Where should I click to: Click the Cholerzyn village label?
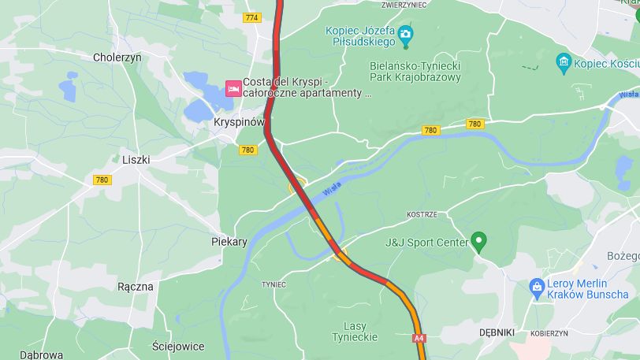pyautogui.click(x=117, y=57)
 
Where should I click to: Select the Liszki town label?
pyautogui.click(x=136, y=159)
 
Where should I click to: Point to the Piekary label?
pyautogui.click(x=229, y=242)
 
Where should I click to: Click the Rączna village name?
pyautogui.click(x=135, y=286)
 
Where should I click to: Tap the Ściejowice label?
pyautogui.click(x=178, y=346)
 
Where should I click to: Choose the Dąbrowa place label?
pyautogui.click(x=41, y=354)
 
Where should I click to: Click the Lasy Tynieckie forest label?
pyautogui.click(x=360, y=332)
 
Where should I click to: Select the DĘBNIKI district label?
pyautogui.click(x=497, y=333)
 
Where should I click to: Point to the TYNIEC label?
pyautogui.click(x=273, y=284)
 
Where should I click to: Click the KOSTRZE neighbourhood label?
pyautogui.click(x=422, y=214)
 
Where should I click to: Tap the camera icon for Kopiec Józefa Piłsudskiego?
pyautogui.click(x=405, y=33)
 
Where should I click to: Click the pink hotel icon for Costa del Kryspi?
pyautogui.click(x=233, y=87)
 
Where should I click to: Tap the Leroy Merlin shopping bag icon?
pyautogui.click(x=537, y=288)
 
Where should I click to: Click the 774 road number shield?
pyautogui.click(x=252, y=17)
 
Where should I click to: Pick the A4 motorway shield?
pyautogui.click(x=419, y=338)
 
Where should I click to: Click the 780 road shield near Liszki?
pyautogui.click(x=102, y=180)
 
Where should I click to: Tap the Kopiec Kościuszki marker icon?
pyautogui.click(x=563, y=62)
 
